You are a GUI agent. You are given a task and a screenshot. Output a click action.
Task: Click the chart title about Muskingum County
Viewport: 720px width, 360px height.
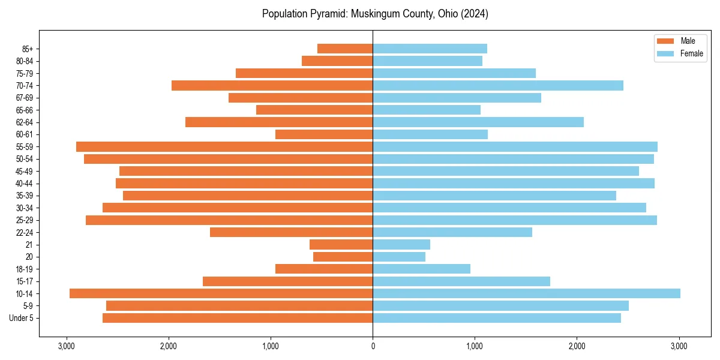pos(375,14)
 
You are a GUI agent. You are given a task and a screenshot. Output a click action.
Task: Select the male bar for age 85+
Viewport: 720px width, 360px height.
pos(345,49)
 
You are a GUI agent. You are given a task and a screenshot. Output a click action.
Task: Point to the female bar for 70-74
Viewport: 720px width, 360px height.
pos(498,85)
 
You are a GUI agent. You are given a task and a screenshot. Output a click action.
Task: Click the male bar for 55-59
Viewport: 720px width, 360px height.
pos(224,146)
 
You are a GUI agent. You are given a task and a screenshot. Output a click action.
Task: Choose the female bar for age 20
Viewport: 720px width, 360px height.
pos(399,257)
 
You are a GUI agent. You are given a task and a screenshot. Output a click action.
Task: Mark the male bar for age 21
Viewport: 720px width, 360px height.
pos(341,244)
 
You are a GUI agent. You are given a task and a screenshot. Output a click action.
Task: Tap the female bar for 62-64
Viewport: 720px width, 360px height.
pos(478,122)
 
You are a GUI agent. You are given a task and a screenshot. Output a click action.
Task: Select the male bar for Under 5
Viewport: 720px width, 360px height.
pos(238,318)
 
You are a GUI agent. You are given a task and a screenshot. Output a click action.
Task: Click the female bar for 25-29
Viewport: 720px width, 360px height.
pos(515,220)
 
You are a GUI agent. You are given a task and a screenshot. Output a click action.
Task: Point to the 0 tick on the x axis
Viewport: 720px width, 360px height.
pos(373,346)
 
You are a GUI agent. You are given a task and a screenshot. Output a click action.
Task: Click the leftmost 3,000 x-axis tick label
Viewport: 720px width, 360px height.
pos(67,346)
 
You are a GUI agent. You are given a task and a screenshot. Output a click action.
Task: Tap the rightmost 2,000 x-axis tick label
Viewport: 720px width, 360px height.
pos(577,346)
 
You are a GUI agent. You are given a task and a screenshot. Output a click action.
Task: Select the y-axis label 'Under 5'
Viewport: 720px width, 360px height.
pos(21,318)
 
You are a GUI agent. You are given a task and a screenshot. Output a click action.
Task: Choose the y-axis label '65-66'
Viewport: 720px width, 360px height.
pos(24,110)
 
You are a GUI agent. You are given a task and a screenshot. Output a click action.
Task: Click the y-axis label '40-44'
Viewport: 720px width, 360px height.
pos(24,183)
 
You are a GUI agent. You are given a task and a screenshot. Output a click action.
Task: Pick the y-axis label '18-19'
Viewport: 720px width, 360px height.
pos(24,269)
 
